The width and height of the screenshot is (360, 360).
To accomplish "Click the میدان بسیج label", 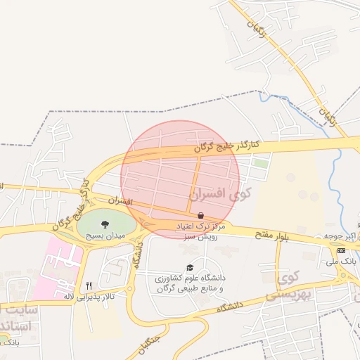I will (x=105, y=236).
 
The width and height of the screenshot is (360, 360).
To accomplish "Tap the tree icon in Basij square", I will (x=105, y=224).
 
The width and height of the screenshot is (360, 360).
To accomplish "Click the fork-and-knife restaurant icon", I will (x=89, y=285).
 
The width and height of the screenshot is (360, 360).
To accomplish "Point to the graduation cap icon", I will (x=189, y=268).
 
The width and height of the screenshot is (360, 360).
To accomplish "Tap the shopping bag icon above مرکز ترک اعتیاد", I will (x=202, y=216).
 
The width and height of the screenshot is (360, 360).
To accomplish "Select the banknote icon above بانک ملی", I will (x=341, y=250).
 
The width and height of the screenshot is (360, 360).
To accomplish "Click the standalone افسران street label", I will (x=121, y=202).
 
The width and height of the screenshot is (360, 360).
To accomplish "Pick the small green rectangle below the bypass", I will (x=261, y=163).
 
